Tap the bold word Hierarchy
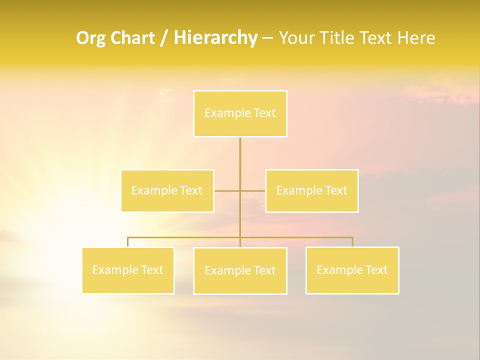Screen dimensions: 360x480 [215, 38]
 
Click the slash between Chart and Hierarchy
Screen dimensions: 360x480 [164, 38]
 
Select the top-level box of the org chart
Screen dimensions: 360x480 [240, 113]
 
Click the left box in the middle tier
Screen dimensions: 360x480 [167, 190]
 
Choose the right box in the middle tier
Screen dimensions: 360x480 [311, 190]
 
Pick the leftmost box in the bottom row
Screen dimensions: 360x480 [128, 270]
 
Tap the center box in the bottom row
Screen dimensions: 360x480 [240, 270]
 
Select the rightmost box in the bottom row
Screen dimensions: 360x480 [352, 270]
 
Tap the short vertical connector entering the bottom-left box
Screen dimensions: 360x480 [128, 242]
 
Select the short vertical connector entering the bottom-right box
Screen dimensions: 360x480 [352, 242]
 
